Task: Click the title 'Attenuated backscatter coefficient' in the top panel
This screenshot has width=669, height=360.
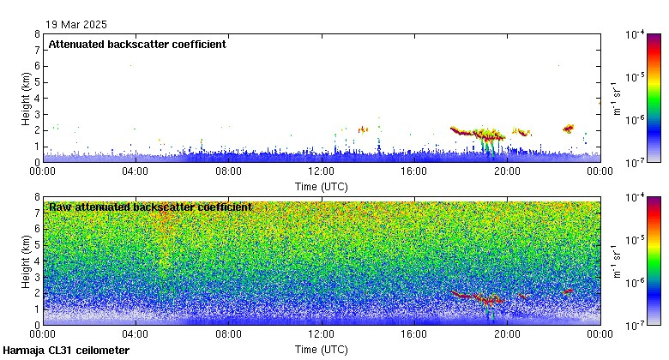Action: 137,45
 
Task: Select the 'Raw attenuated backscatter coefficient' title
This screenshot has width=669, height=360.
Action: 150,207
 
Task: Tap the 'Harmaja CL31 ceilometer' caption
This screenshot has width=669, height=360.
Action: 66,351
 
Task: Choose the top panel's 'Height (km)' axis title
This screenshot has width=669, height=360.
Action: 26,98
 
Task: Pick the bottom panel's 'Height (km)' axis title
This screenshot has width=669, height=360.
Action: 26,261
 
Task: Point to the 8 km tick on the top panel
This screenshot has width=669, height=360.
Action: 38,34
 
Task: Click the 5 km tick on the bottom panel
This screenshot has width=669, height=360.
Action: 38,245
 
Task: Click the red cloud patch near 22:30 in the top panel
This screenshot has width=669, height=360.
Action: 568,129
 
